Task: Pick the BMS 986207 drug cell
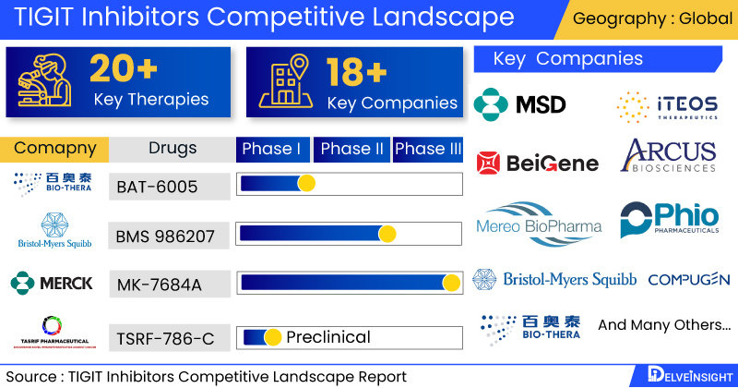[166, 236]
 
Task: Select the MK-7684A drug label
[159, 285]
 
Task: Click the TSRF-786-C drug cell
[165, 338]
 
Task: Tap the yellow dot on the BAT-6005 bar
[306, 184]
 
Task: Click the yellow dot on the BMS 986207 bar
[387, 234]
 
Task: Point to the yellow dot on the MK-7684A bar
[451, 283]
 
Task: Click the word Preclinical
[328, 337]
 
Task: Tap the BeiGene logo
[538, 164]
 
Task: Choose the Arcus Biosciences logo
[669, 156]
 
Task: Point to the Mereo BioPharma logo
[539, 224]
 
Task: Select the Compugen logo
[688, 279]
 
